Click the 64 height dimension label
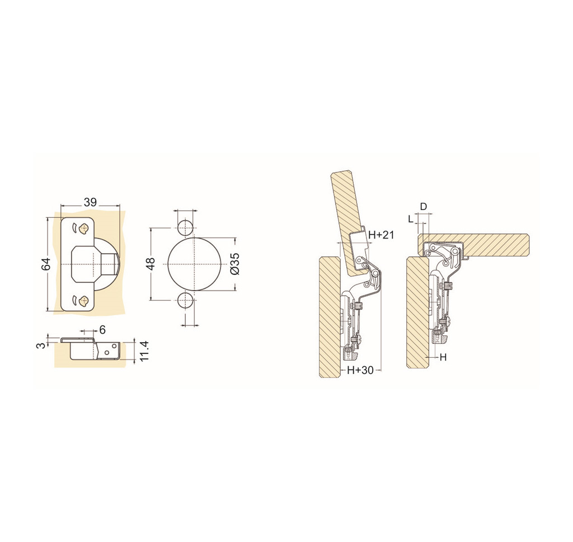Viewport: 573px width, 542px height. [x=46, y=264]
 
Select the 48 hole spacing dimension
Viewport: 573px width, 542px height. [x=151, y=264]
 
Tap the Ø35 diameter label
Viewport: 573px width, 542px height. [x=235, y=264]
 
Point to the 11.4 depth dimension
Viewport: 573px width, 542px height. [x=143, y=351]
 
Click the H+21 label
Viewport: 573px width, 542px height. [x=381, y=235]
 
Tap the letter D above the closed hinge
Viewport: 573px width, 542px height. [x=424, y=207]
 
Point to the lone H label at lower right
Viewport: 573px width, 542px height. [x=443, y=357]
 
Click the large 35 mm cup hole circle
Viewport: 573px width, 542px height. [x=192, y=264]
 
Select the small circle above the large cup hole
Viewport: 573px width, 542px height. [x=185, y=227]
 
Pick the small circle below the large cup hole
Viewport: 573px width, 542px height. [x=185, y=301]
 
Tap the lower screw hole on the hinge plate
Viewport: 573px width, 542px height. [x=84, y=301]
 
